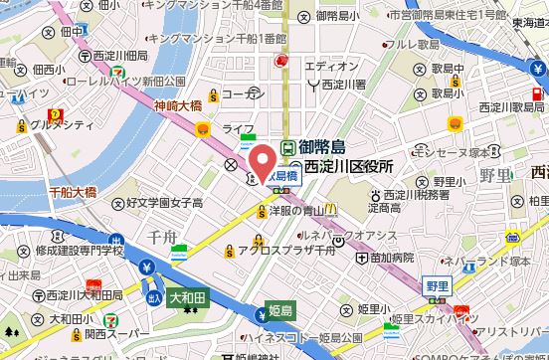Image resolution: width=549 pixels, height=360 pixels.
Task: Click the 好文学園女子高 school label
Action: (x=164, y=202)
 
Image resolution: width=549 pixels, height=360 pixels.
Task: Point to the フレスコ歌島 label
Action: (x=411, y=43)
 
